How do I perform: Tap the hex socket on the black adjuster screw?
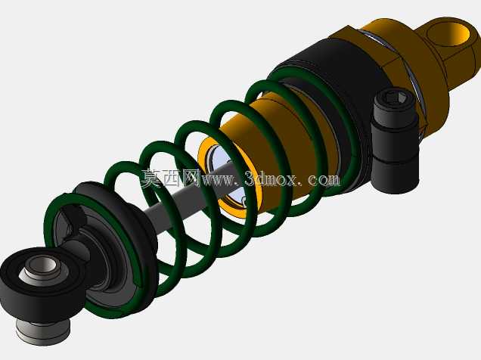click(x=395, y=98)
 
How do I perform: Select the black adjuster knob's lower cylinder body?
click(x=396, y=172)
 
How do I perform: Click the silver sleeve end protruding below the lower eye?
click(x=43, y=333)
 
